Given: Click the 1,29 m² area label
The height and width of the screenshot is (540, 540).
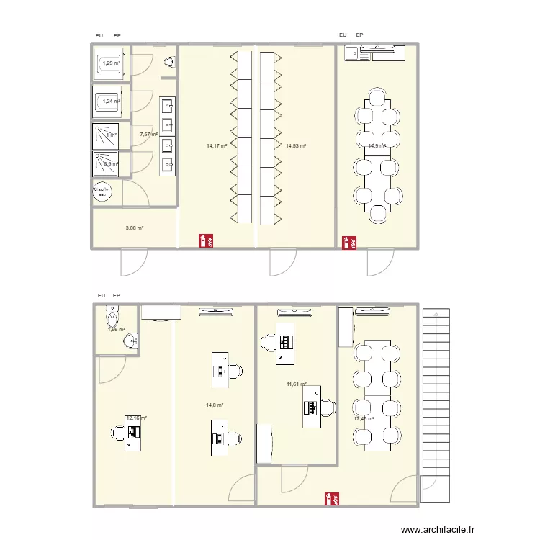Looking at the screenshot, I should point(112,63).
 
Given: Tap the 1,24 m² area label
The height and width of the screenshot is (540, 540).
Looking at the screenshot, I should point(110,102).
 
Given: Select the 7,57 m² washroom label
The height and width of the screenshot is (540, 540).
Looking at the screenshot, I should point(149,134).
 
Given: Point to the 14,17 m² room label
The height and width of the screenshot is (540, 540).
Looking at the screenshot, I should point(217,146).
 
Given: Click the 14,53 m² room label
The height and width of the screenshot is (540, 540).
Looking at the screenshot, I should point(296,146).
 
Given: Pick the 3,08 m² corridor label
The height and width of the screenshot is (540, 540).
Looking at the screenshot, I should point(135,228).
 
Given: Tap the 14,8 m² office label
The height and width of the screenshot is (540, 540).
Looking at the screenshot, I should point(215,405).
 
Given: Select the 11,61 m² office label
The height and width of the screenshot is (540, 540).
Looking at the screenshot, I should point(297,384).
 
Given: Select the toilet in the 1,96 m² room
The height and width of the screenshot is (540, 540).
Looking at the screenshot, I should point(112,315).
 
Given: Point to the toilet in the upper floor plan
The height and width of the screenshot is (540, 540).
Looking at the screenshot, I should point(170,63).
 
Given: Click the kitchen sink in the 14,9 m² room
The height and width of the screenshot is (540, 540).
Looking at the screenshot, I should point(354,53).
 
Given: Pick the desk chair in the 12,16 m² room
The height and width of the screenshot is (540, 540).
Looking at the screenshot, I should point(117,432).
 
